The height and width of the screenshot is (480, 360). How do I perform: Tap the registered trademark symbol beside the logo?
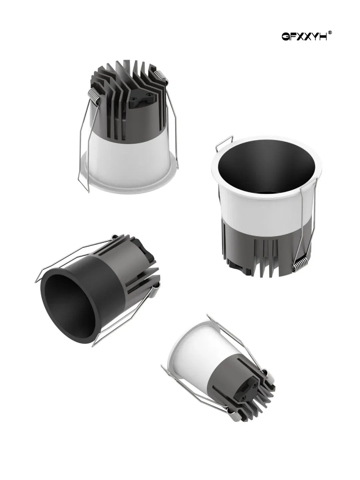[330, 33]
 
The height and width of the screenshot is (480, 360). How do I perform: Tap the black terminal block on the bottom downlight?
[248, 387]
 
